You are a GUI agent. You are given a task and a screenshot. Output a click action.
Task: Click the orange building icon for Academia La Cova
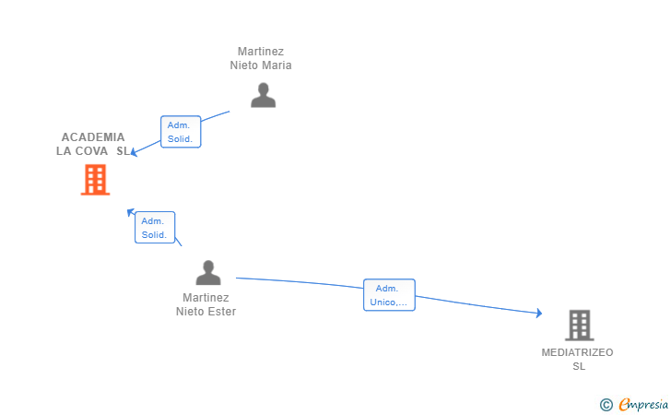coord(96,180)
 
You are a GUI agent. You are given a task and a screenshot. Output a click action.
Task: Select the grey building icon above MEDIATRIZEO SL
coord(580,325)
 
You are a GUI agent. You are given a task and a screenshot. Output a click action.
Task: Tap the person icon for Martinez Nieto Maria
coord(264,95)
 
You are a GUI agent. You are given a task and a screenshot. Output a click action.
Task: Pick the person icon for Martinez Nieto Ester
coord(208,272)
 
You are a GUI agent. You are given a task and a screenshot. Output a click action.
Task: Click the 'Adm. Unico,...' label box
coord(389,295)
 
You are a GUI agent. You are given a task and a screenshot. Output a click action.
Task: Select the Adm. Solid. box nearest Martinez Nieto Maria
coord(181,132)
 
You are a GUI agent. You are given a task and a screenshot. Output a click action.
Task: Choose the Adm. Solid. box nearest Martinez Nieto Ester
coord(155,228)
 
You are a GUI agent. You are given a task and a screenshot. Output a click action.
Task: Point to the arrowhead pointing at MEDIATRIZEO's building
coord(539,313)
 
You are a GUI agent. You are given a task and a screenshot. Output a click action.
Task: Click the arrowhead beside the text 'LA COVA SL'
coord(134,151)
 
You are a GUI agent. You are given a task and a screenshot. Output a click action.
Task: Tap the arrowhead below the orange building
coord(131,211)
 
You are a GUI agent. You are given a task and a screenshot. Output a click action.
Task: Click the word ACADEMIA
coord(93,137)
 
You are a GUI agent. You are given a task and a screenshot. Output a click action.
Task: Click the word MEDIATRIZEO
coord(577,352)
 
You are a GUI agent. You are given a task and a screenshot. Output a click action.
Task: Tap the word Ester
coord(222,312)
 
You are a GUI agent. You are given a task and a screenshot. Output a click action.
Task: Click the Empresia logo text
coord(643,404)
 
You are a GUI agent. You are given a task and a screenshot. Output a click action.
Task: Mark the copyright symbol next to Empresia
coord(606,405)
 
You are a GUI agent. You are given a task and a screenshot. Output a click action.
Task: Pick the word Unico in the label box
coord(383,302)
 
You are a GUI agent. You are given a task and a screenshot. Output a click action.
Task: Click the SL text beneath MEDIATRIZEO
coord(579,366)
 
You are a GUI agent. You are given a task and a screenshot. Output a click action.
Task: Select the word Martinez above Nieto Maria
coord(261,52)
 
